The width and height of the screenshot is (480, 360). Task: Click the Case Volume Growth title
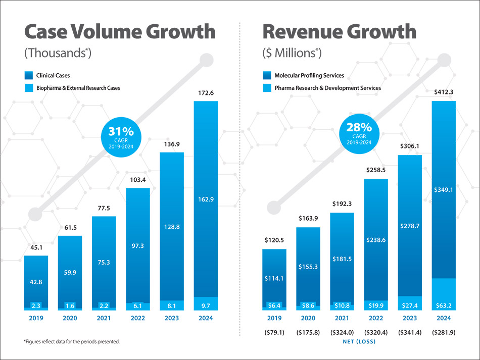pyautogui.click(x=120, y=32)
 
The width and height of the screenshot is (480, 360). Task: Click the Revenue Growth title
pyautogui.click(x=339, y=32)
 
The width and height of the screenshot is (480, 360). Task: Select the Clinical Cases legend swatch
pyautogui.click(x=28, y=76)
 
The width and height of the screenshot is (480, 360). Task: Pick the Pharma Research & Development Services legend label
pyautogui.click(x=327, y=88)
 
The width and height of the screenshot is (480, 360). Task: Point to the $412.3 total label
pyautogui.click(x=444, y=92)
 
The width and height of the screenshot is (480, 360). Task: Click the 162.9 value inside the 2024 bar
pyautogui.click(x=206, y=199)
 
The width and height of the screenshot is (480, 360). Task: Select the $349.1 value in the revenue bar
pyautogui.click(x=444, y=190)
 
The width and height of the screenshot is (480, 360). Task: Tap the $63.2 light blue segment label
pyautogui.click(x=444, y=305)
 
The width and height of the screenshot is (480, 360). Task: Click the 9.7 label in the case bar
pyautogui.click(x=206, y=305)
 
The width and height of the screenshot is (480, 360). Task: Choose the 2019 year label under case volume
pyautogui.click(x=36, y=318)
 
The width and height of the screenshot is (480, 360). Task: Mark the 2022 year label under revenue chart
pyautogui.click(x=375, y=318)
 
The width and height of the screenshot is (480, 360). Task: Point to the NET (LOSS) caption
pyautogui.click(x=359, y=342)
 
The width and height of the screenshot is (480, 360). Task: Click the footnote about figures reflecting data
pyautogui.click(x=72, y=342)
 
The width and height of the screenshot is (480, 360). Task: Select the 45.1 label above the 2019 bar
pyautogui.click(x=36, y=247)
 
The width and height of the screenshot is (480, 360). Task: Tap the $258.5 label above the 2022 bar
pyautogui.click(x=375, y=170)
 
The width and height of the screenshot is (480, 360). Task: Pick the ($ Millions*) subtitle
pyautogui.click(x=292, y=53)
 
